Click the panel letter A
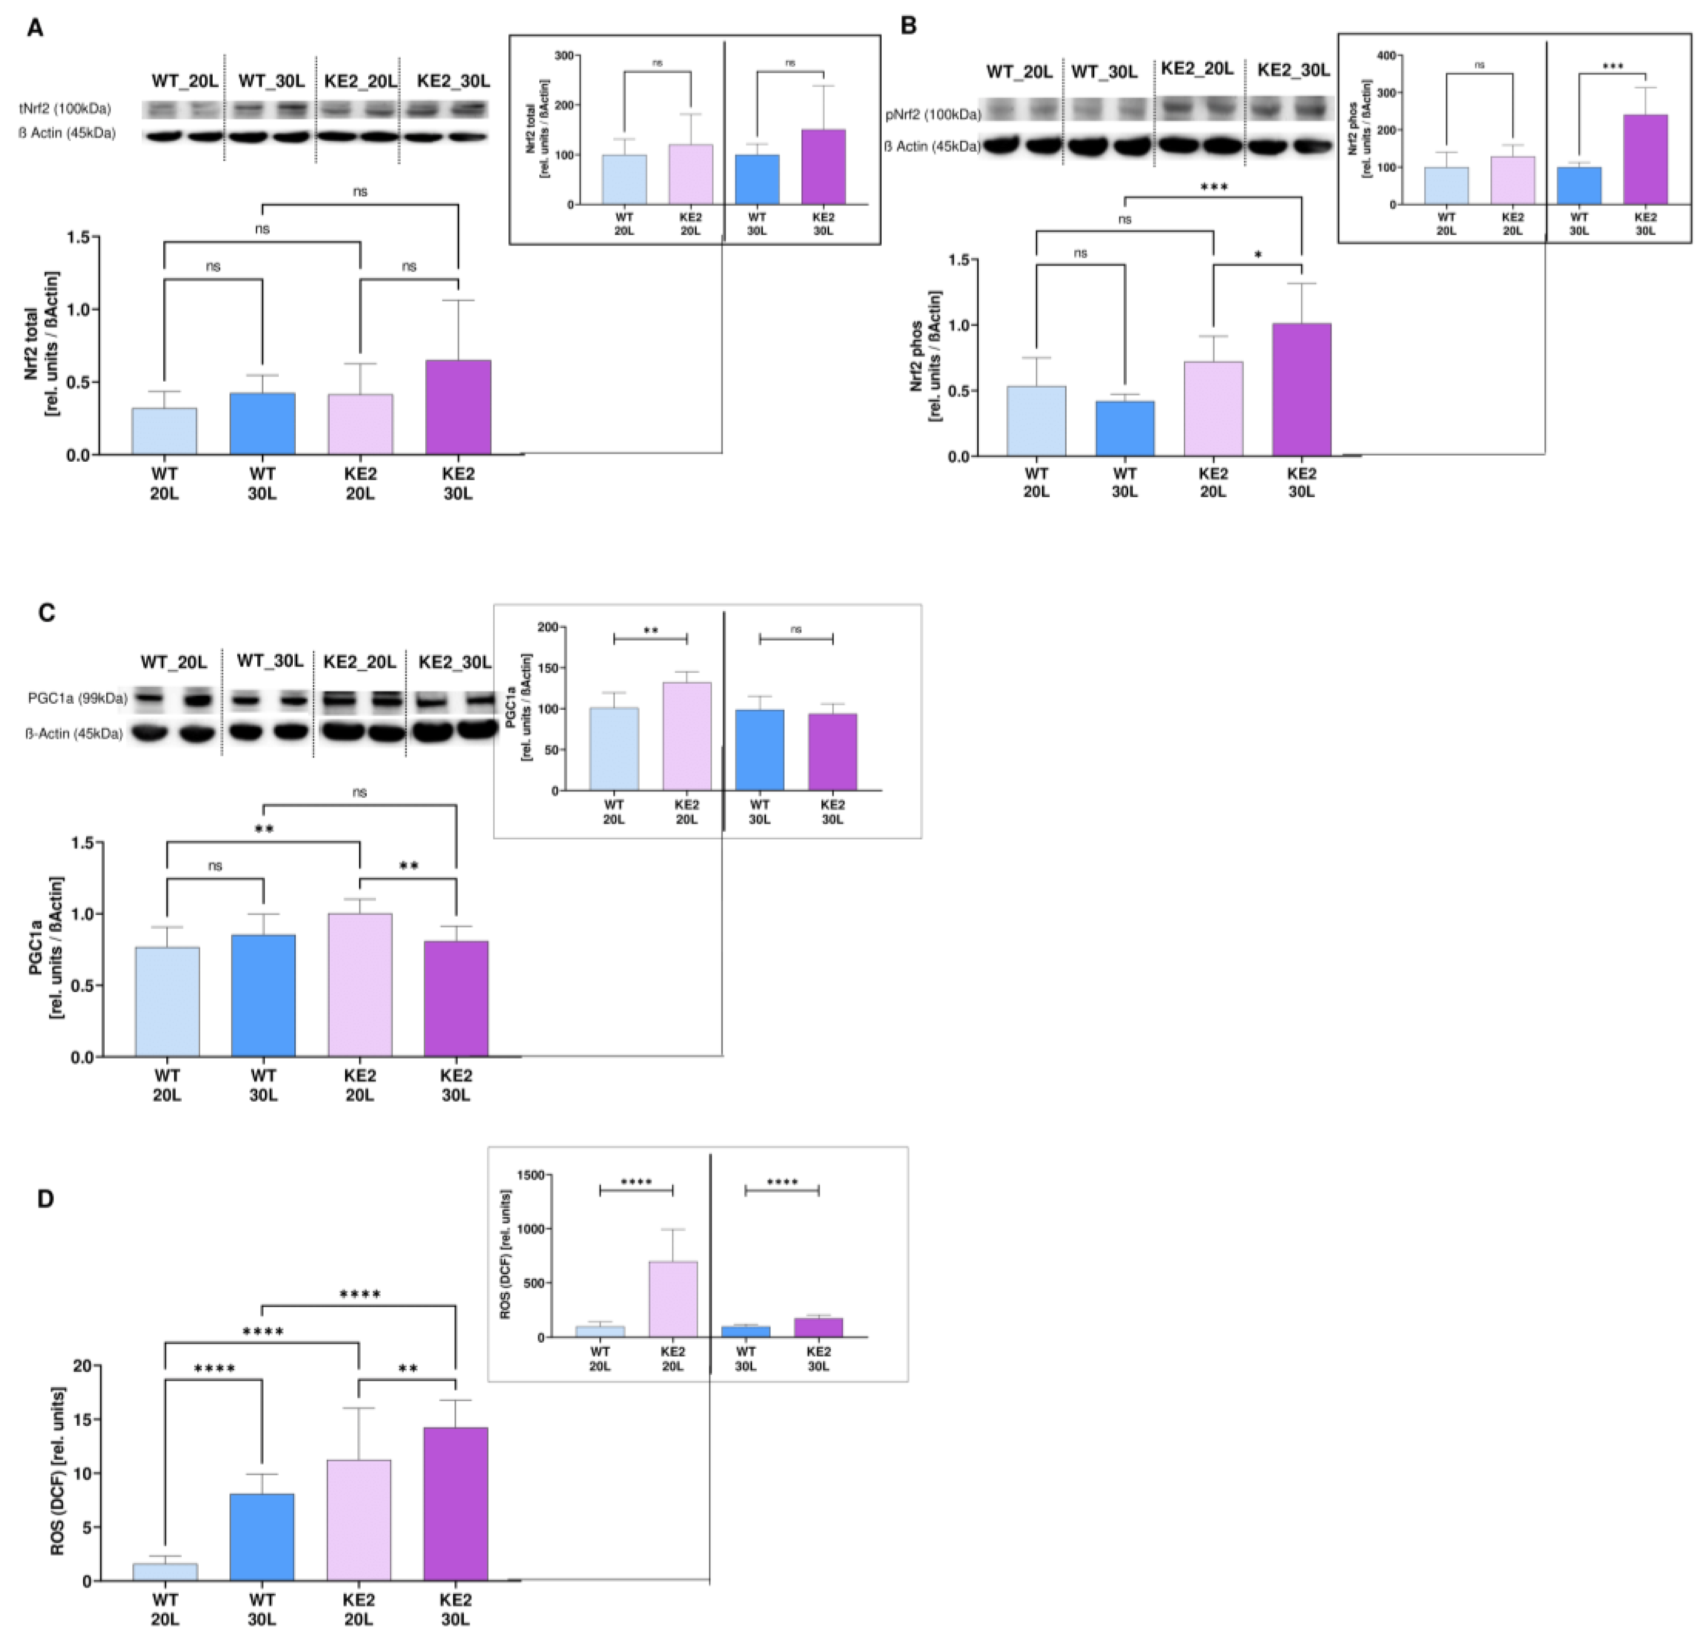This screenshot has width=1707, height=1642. (x=35, y=28)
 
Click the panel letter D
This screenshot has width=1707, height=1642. (x=45, y=1199)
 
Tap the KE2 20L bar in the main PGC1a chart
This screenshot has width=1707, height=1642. (x=359, y=985)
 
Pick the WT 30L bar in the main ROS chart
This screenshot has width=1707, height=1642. (x=262, y=1537)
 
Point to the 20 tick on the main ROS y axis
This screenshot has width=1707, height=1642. (x=82, y=1366)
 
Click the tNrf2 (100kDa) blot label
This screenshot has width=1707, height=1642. (x=65, y=109)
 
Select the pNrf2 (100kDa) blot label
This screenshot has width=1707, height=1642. (x=932, y=114)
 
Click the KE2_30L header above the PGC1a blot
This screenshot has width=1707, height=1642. (x=454, y=662)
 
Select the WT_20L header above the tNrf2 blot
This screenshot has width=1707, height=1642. (x=185, y=81)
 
